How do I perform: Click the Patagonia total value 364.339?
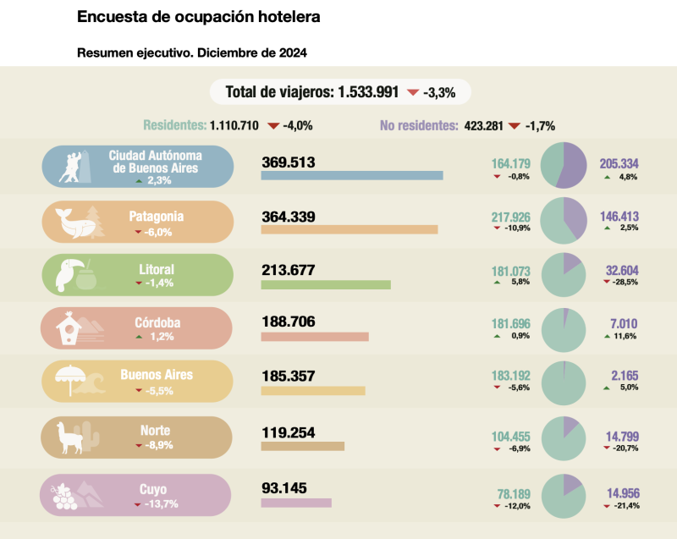coord(289,217)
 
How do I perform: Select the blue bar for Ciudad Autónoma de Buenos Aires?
coord(352,176)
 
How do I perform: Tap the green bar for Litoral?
coord(326,284)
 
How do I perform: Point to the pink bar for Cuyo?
coord(296,503)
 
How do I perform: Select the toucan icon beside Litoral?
coord(68,276)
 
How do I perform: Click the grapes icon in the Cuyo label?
coord(64,497)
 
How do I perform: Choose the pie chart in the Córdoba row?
coord(563,328)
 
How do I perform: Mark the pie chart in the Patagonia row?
coord(563,219)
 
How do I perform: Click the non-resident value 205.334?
coord(619,163)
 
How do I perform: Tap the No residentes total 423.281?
coord(483,126)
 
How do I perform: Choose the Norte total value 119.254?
coord(289,433)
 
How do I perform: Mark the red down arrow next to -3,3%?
coord(412,92)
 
